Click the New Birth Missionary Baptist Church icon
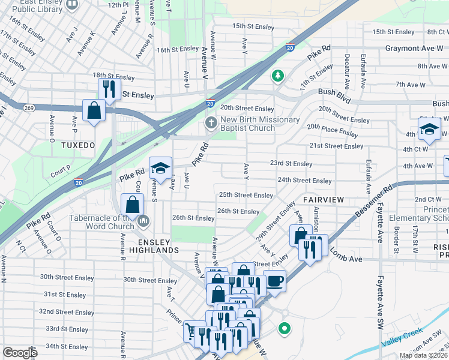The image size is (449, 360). (x=211, y=123)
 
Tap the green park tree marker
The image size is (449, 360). (x=277, y=76)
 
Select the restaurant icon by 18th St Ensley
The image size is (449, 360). (x=109, y=89)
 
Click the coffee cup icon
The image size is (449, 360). (x=275, y=280)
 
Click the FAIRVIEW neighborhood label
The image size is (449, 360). (x=323, y=199)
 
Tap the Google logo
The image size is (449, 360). (x=20, y=353)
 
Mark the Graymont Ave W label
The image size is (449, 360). (x=414, y=48)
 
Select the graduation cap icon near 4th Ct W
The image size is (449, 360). (x=430, y=128)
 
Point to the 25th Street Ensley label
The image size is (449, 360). (x=246, y=195)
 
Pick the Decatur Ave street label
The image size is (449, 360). (x=347, y=70)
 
